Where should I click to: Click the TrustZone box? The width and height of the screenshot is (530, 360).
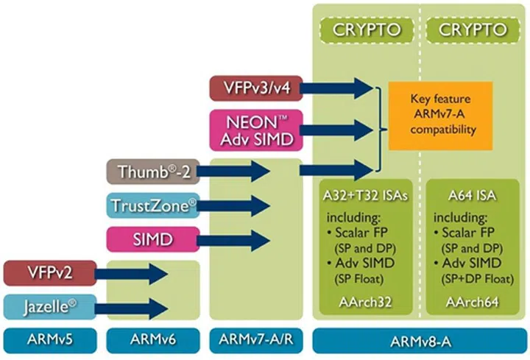(x=151, y=205)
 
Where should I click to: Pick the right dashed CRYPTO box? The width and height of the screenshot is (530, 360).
(x=473, y=31)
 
